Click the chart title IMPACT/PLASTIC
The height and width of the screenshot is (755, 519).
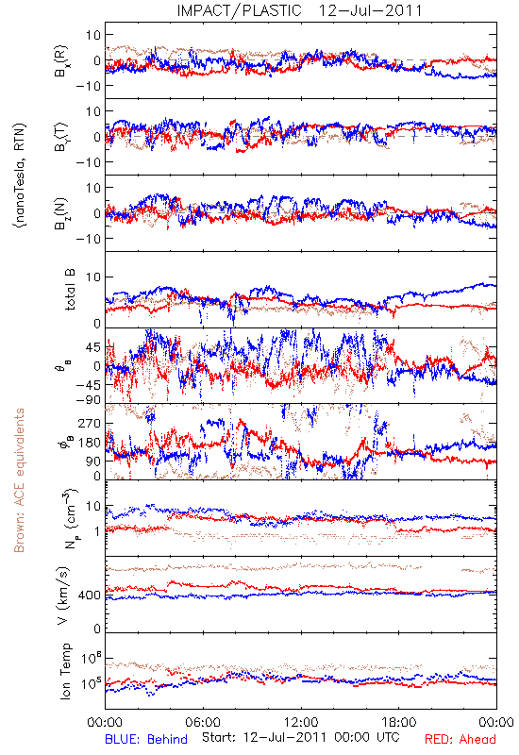239,10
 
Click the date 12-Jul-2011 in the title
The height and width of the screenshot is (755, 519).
370,10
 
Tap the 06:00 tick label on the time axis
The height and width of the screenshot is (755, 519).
203,722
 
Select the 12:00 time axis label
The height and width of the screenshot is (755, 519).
301,722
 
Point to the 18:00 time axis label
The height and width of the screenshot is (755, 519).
399,722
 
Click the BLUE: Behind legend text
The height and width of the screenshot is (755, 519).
146,739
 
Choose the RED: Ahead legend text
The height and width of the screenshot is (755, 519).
460,739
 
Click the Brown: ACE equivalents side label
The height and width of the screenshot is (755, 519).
19,480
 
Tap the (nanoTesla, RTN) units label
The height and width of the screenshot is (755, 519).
20,176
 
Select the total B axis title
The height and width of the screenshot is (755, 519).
69,290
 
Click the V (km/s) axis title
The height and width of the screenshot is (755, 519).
63,596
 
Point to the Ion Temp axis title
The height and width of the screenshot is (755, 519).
64,671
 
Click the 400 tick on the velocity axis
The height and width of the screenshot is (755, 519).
90,596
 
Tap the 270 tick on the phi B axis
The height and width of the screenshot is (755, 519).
90,424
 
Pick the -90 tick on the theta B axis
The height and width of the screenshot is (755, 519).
87,400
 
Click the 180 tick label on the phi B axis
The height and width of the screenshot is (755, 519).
90,443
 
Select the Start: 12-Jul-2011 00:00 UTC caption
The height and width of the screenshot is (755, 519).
301,737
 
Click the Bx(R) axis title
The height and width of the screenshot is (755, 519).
61,61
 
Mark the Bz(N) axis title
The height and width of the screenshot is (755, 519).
61,213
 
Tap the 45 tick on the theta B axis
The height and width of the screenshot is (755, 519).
93,347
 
